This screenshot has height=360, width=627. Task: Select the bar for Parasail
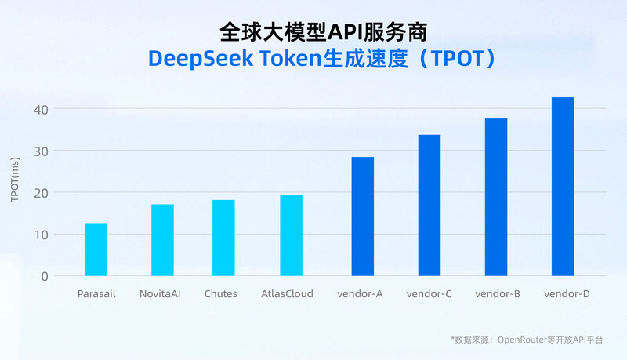tap(96, 249)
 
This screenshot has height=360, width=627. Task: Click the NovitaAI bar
tap(162, 240)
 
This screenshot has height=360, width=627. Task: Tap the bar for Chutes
tap(223, 238)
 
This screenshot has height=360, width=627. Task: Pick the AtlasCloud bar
tap(291, 235)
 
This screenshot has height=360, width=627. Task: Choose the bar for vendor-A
tap(362, 216)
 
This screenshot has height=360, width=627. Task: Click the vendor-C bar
tap(429, 205)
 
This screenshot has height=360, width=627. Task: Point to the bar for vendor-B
tap(496, 197)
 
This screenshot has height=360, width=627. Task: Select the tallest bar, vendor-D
tap(563, 187)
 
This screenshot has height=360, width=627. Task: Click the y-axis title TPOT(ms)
tap(15, 180)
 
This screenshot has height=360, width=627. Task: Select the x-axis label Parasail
tap(97, 294)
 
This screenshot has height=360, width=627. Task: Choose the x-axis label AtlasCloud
tap(287, 294)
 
